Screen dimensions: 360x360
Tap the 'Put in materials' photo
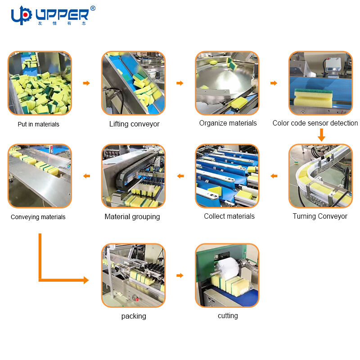[x=40, y=83]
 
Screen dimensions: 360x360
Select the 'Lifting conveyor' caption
[x=134, y=124]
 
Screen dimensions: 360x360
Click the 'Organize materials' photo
[x=227, y=83]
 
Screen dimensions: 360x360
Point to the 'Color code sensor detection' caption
[x=315, y=123]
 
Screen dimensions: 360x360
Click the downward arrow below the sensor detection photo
[x=321, y=135]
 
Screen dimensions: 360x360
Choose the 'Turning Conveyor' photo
[x=320, y=176]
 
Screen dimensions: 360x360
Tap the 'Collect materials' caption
[x=229, y=216]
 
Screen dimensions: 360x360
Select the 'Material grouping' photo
[x=133, y=176]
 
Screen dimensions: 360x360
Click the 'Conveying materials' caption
[x=38, y=217]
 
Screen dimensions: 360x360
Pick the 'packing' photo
[x=133, y=275]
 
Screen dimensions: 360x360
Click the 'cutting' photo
[x=227, y=275]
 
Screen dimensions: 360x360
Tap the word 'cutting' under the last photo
[x=228, y=315]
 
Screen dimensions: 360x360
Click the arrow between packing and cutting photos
[x=180, y=275]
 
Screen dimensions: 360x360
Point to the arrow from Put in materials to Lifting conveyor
[x=86, y=83]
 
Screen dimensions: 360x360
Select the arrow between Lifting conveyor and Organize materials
[x=180, y=83]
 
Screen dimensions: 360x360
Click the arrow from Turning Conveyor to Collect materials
[x=274, y=176]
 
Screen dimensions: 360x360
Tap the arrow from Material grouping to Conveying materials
[x=86, y=176]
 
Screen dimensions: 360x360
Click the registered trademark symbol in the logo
[x=93, y=8]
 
